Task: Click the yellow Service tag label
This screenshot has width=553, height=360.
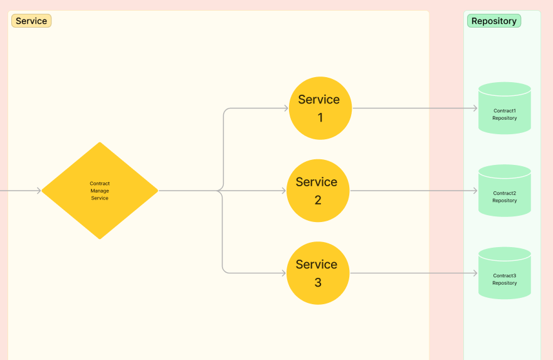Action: (31, 21)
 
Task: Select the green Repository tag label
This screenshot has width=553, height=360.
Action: (494, 21)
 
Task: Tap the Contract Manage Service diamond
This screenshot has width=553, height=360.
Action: (100, 191)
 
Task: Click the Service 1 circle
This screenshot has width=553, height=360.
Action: (320, 108)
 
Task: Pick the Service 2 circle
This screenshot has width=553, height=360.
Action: (318, 191)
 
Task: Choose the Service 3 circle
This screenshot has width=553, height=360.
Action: (318, 273)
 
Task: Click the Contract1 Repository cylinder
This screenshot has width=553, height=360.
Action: (504, 108)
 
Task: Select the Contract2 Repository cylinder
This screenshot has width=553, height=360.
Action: (504, 191)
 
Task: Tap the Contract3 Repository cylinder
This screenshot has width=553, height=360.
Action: (504, 273)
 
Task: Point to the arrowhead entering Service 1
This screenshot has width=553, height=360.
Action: (287, 108)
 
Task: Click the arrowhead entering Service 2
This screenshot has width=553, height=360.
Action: (284, 191)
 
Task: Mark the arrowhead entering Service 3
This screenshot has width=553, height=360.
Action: (284, 273)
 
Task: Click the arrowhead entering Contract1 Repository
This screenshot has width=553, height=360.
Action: (475, 108)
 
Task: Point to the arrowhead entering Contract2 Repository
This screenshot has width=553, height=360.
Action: (475, 191)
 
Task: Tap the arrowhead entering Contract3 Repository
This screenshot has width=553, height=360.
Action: (475, 273)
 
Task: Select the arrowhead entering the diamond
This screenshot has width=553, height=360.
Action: (39, 191)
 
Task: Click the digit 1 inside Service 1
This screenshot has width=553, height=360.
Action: (320, 117)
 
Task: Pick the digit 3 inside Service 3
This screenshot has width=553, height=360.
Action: (318, 282)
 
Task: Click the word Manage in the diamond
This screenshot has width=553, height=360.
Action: (100, 191)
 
